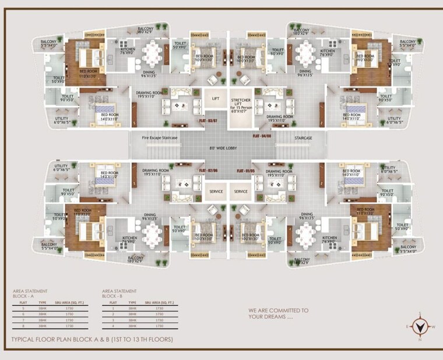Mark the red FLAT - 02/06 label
(x=208, y=170)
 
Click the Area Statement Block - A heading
(x=30, y=292)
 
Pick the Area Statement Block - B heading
(x=118, y=292)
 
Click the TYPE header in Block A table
(x=43, y=302)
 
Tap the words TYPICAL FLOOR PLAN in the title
(x=48, y=339)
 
